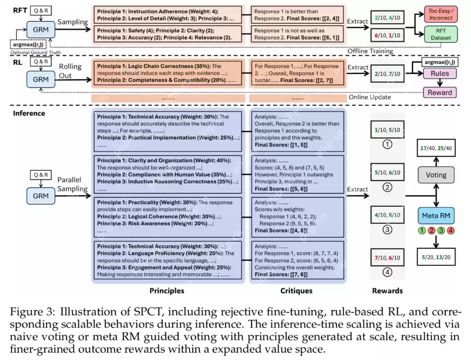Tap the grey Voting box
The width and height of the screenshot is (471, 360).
(436, 175)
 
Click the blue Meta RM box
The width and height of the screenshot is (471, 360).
(436, 216)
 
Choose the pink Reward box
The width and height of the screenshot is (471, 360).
(440, 92)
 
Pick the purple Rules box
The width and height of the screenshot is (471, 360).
(440, 74)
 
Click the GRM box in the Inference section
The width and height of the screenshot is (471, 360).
(41, 196)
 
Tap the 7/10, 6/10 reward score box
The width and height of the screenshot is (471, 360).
(387, 257)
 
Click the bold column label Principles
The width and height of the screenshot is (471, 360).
(167, 291)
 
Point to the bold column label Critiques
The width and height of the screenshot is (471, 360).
(297, 291)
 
